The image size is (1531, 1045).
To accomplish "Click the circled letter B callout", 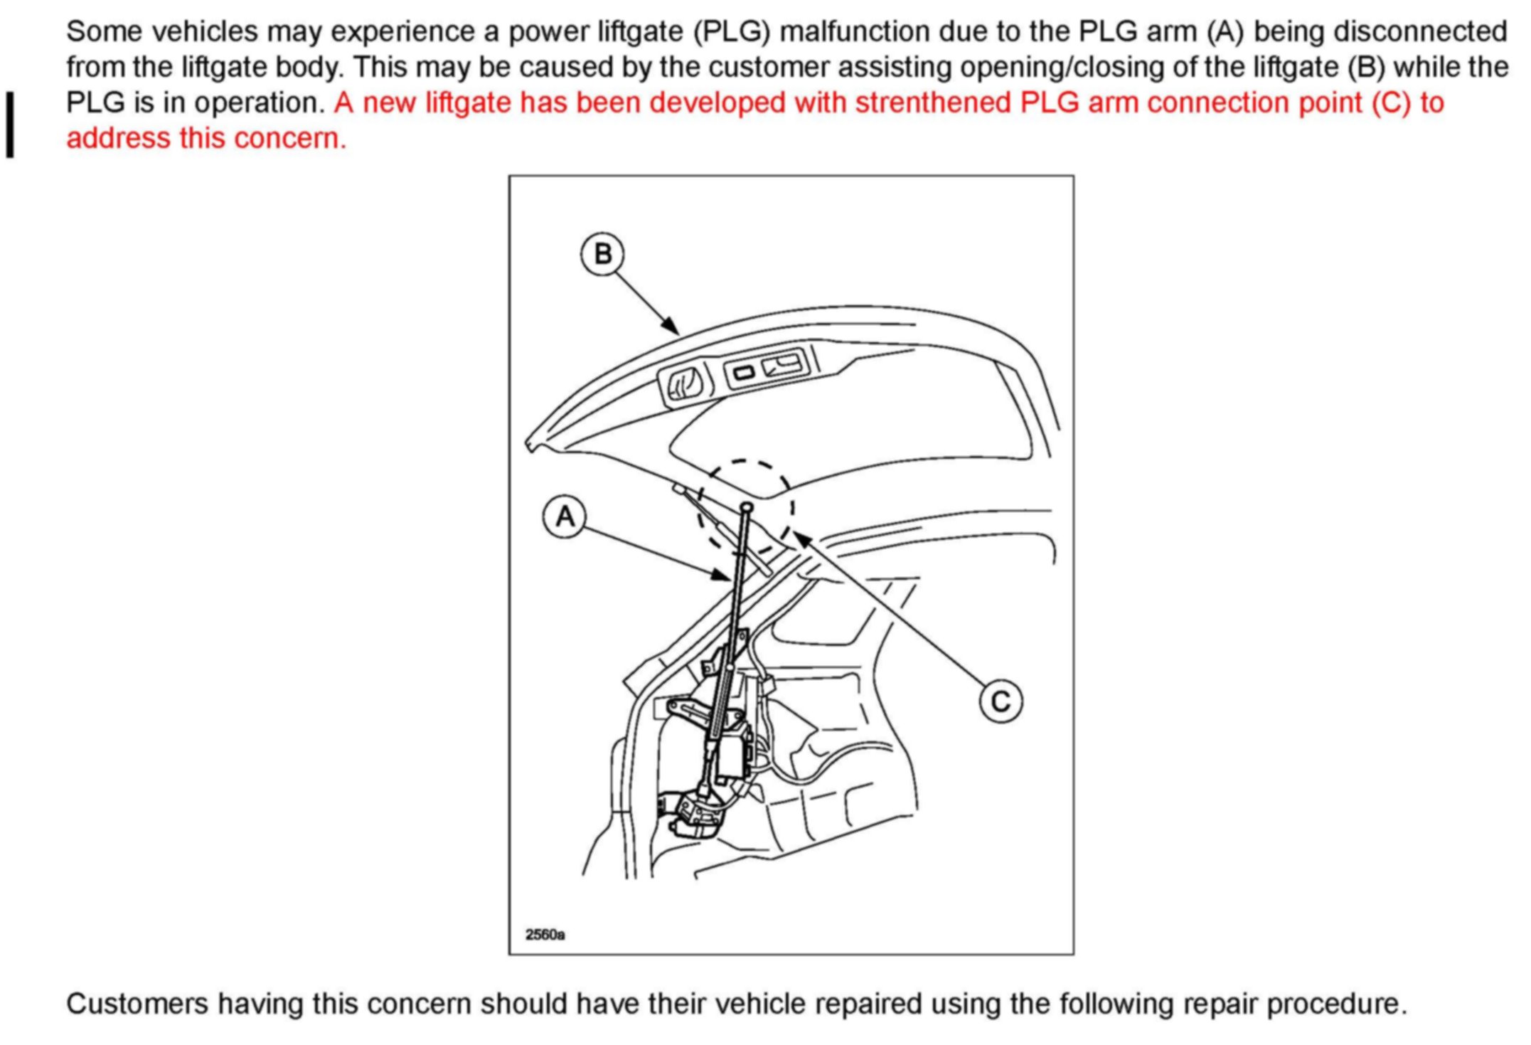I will (x=602, y=254).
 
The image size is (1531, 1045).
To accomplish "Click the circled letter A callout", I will (x=565, y=516).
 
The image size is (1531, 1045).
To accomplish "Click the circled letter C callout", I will (x=1001, y=701).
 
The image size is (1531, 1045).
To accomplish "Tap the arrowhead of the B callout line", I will (x=671, y=327).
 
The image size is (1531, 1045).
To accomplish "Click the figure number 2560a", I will (x=545, y=934).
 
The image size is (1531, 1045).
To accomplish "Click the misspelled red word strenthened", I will (x=932, y=103).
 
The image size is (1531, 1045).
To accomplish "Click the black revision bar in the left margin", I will (x=10, y=124).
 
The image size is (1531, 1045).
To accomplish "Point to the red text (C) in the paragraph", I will (x=1390, y=103).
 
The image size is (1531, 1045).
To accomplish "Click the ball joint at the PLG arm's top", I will (x=747, y=507).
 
